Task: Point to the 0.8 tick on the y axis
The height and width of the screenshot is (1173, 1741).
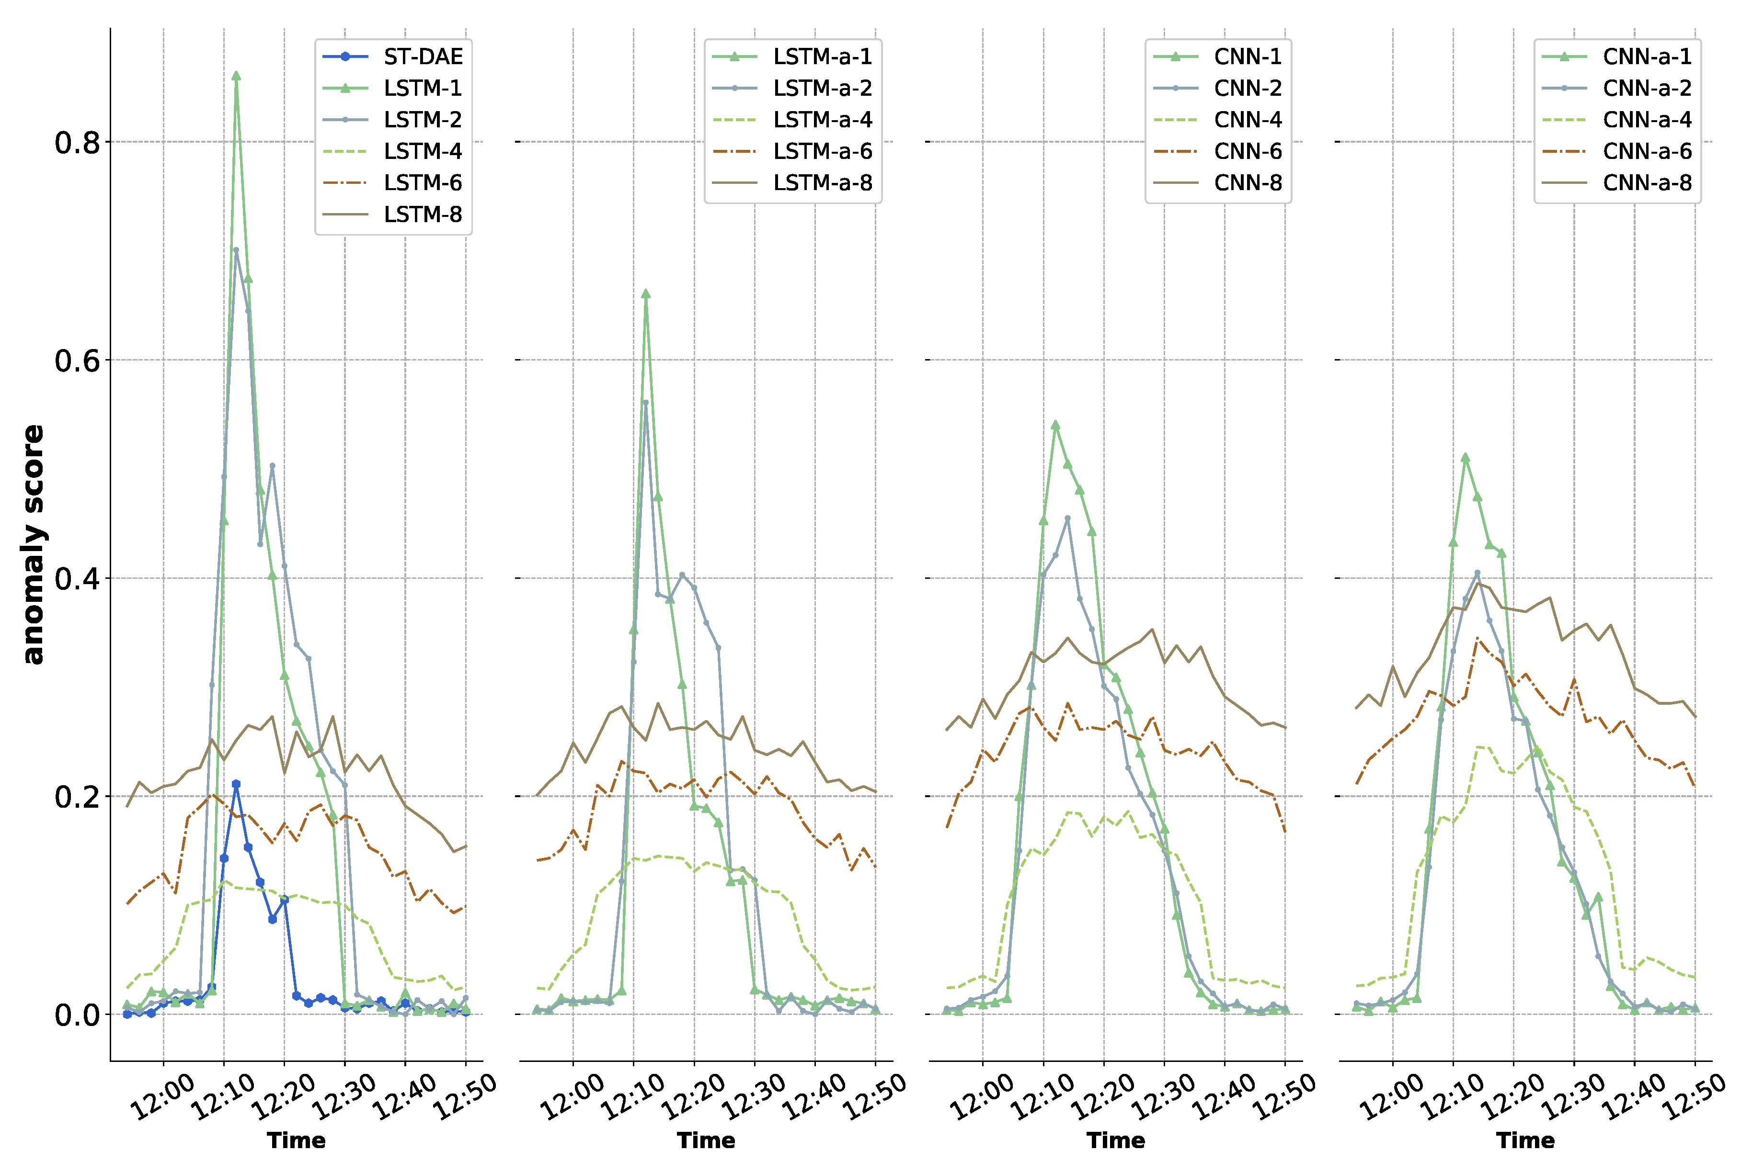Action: pos(77,142)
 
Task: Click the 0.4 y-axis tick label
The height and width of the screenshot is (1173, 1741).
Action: pos(77,578)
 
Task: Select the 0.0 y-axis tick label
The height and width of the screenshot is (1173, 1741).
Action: pos(77,1015)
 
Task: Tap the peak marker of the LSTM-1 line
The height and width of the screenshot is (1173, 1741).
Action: pos(236,76)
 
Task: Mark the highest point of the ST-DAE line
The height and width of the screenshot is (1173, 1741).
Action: pos(236,784)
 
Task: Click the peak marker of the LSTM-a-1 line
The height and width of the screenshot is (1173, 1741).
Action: pos(645,294)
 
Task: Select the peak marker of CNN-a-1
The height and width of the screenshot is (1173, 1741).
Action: pos(1465,457)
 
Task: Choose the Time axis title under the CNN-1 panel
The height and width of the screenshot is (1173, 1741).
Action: pos(1115,1140)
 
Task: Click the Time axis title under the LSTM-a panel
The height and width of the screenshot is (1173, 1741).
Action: pos(706,1140)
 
